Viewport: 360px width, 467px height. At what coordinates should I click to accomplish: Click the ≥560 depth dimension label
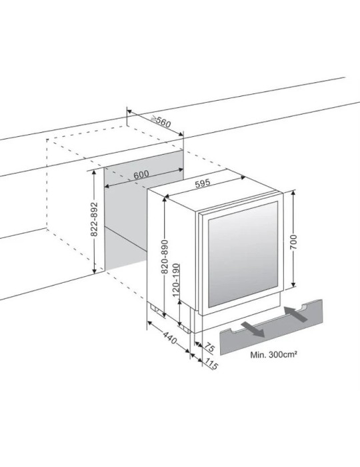161,121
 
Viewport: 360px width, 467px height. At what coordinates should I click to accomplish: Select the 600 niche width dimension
141,175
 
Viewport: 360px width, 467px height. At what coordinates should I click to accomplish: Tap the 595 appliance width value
203,183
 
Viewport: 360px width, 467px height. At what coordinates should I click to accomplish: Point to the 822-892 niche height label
94,219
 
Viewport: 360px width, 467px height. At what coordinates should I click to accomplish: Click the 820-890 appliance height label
165,257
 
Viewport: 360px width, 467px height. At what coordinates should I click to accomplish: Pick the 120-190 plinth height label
176,280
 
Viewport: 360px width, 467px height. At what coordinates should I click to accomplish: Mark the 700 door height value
293,242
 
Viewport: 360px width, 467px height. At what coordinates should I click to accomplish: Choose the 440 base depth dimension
170,337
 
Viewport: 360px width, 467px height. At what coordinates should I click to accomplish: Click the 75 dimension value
209,347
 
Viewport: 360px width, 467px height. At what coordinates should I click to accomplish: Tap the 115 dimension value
211,364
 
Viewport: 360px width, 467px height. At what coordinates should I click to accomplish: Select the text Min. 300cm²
274,355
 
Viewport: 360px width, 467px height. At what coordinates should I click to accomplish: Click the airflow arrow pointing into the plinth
296,314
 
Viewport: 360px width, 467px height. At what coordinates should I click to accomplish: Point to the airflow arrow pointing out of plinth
253,329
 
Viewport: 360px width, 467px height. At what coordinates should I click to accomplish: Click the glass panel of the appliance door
243,254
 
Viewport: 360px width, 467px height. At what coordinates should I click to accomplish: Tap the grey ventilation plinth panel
271,328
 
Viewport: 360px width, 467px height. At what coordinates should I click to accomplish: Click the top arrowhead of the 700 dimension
293,193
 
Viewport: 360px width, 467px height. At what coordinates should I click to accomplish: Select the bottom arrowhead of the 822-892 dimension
94,270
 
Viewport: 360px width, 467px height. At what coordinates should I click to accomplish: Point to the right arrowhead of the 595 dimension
243,178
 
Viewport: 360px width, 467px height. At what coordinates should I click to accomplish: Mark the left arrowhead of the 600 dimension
107,186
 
